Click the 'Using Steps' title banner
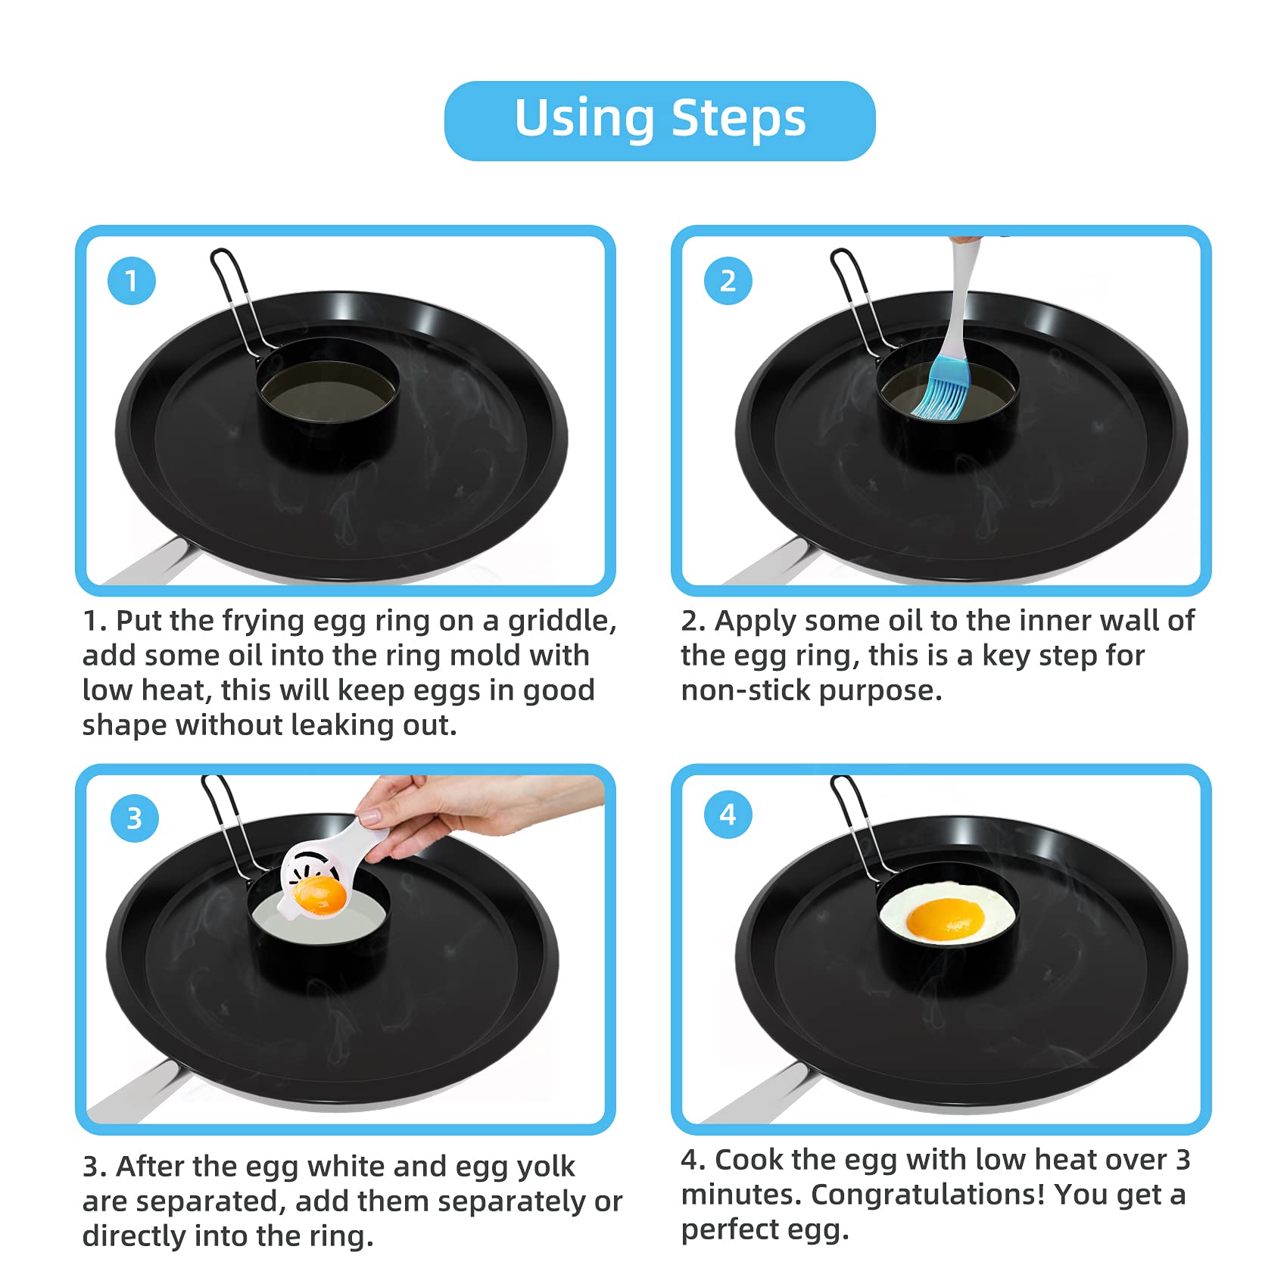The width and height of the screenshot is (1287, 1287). [x=659, y=120]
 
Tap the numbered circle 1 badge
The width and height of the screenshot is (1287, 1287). [x=132, y=281]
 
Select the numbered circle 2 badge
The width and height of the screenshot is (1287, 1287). [x=728, y=281]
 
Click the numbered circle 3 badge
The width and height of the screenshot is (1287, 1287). [x=134, y=818]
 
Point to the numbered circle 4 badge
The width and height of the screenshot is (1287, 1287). [x=728, y=815]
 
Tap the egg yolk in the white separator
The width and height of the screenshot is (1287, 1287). [x=320, y=894]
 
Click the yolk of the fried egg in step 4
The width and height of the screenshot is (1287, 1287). [x=946, y=918]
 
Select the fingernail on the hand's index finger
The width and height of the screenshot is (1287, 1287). [x=369, y=817]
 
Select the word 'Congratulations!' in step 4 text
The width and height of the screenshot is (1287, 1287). [x=928, y=1195]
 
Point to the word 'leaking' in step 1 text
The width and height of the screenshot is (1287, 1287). [x=340, y=725]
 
